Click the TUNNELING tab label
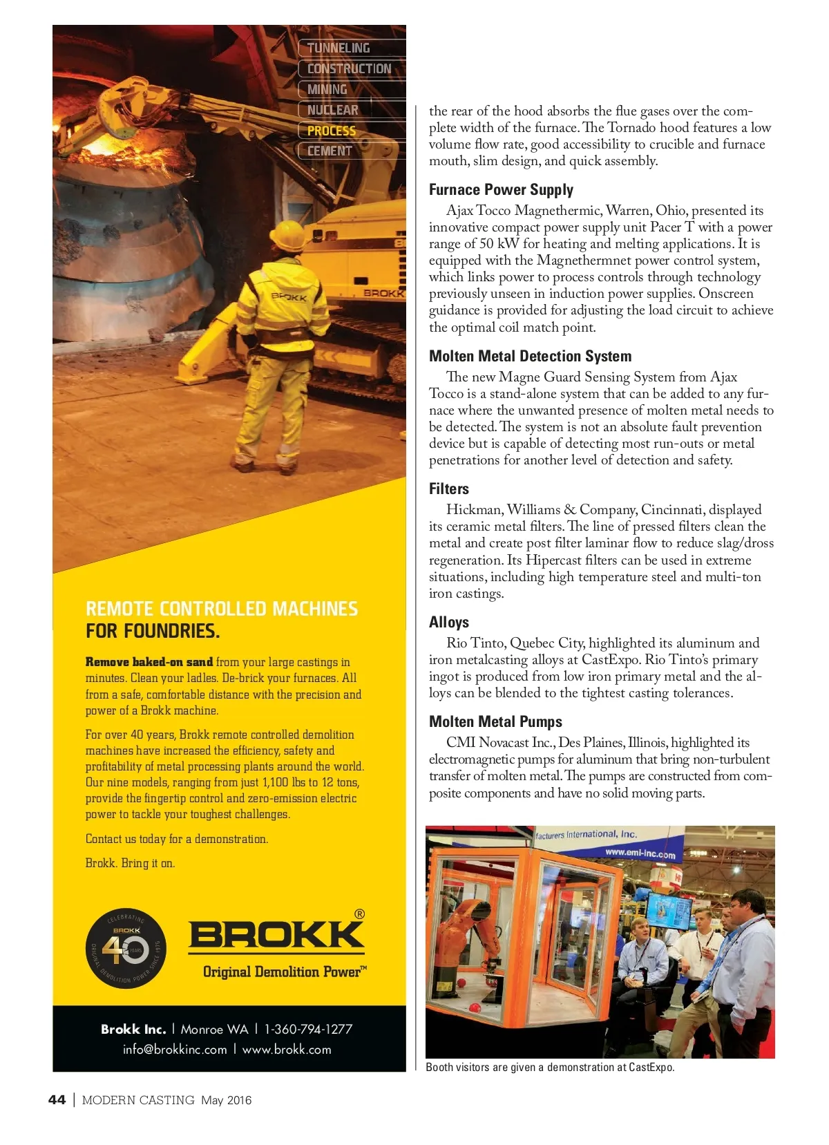(339, 48)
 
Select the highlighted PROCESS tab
(332, 131)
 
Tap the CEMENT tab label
(330, 151)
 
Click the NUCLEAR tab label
(332, 110)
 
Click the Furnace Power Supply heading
(501, 190)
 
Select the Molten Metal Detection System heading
(530, 357)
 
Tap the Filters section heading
(448, 489)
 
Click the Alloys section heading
(448, 623)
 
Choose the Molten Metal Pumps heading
(495, 722)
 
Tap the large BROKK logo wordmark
(276, 936)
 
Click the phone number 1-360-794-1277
(308, 1029)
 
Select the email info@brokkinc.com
(175, 1050)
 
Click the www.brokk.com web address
(287, 1050)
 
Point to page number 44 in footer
(57, 1100)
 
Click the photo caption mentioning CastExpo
(550, 1068)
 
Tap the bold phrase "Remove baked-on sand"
(149, 662)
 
